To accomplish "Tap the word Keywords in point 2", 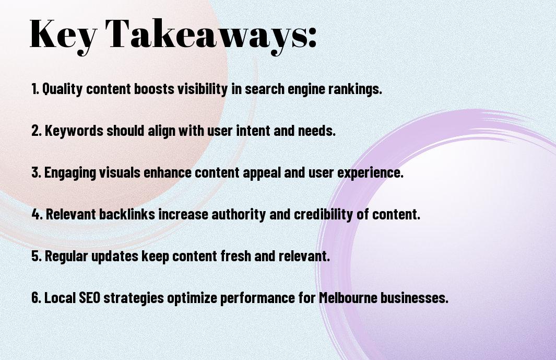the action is coord(74,131).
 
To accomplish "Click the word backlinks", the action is coord(127,214).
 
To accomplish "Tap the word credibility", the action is coord(323,215).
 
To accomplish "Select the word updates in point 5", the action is coord(115,257).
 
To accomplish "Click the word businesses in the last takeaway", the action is coord(415,297).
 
